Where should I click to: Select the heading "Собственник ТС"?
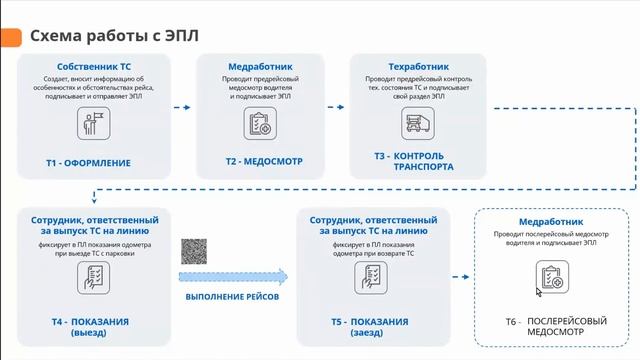95,65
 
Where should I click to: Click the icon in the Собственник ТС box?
94,124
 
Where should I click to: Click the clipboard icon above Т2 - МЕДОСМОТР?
258,124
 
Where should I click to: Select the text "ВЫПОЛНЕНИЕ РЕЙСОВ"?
233,297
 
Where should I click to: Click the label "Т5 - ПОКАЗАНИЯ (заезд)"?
370,327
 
